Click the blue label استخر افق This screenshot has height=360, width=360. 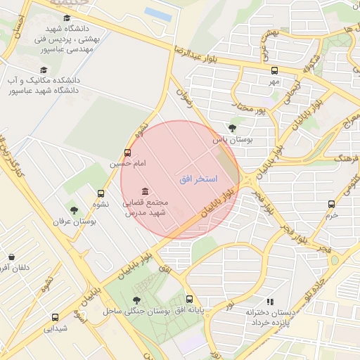pos(199,180)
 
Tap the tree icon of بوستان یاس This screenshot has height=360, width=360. pos(232,128)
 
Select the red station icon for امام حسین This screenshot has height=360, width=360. pos(127,152)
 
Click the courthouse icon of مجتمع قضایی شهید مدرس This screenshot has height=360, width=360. pos(145,192)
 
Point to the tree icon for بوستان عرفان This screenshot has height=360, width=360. pos(74,210)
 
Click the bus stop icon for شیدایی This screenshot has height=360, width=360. pos(56,317)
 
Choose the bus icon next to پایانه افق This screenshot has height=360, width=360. pos(189,300)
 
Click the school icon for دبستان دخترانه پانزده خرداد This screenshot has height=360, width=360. pos(271,301)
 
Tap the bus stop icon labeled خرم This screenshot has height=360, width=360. pos(331,204)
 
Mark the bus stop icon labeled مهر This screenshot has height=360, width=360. pos(274,70)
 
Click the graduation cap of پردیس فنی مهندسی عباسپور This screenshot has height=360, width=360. pos(67,18)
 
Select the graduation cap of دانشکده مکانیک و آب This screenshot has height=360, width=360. pos(44,70)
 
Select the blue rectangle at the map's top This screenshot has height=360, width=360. pos(157,13)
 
